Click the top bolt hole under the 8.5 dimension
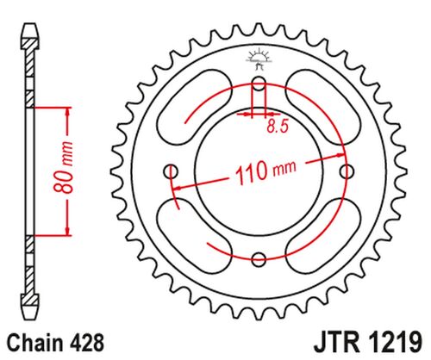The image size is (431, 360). pos(259,84)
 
